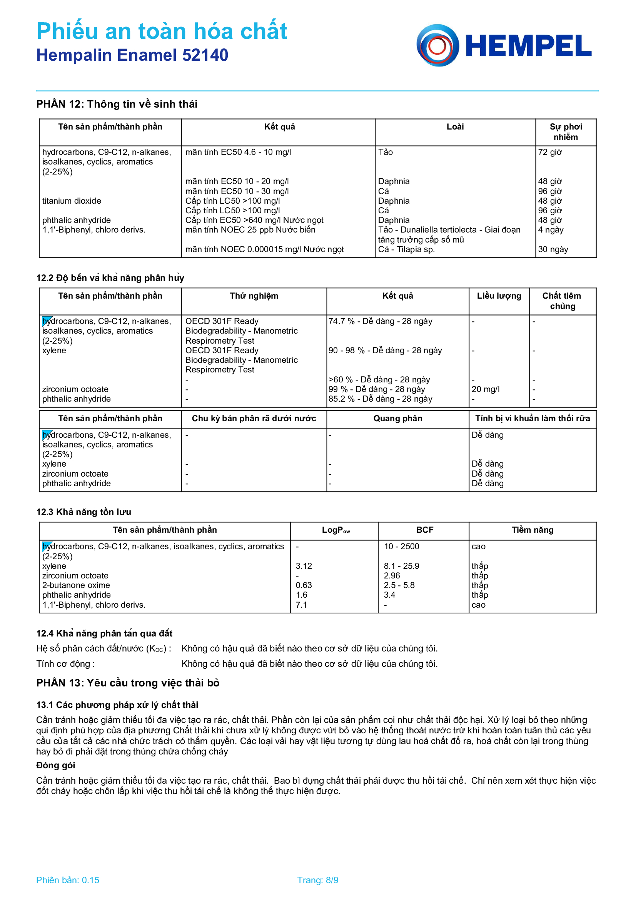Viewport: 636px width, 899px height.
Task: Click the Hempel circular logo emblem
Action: coord(437,45)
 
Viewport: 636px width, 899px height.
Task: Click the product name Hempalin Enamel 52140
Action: coord(132,55)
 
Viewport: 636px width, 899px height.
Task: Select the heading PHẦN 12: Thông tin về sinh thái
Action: coord(117,104)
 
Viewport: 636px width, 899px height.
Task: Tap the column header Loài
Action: coord(455,127)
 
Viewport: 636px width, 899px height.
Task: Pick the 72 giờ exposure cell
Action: coord(550,152)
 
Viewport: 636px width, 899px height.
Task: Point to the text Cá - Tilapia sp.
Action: coord(406,249)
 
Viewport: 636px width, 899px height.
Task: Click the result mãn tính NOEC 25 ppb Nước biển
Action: coord(250,230)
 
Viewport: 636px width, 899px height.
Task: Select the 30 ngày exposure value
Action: coord(553,249)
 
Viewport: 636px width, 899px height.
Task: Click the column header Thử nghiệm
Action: coord(254,296)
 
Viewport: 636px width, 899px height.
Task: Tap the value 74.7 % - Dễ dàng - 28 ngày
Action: coord(380,321)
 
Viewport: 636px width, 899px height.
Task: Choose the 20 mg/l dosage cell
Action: coord(486,389)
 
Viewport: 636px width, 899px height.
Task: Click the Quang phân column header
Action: coord(398,419)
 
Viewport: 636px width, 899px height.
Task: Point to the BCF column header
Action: coord(425,530)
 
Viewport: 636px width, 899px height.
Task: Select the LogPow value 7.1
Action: coord(301,605)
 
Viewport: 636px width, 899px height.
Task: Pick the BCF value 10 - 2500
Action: coord(401,547)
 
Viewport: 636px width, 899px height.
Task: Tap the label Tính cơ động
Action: coord(65,664)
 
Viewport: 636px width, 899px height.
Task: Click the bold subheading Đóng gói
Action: coord(56,766)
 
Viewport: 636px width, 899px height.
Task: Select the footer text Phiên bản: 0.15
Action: coord(68,880)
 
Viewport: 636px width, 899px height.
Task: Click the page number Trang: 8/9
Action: coord(317,880)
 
